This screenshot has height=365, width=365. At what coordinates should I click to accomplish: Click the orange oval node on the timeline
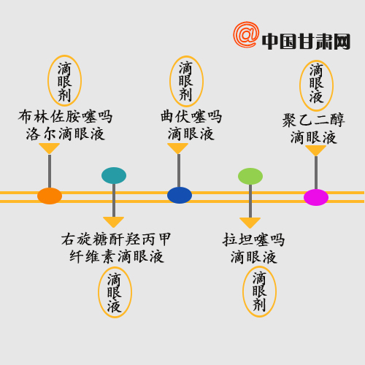[x=50, y=196]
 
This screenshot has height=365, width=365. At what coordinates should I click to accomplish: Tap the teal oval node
[x=114, y=175]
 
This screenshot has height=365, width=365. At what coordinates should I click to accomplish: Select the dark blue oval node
[x=180, y=195]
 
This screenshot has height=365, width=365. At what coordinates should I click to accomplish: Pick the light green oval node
[x=250, y=176]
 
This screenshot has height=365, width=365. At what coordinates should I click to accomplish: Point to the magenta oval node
[x=316, y=197]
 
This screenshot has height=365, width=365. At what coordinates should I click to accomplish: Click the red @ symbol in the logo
[x=246, y=34]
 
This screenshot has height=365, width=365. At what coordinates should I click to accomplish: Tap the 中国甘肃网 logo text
[x=306, y=42]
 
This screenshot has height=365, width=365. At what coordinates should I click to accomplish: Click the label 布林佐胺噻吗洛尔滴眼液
[x=65, y=125]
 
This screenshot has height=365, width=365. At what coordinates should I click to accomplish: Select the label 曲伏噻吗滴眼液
[x=191, y=125]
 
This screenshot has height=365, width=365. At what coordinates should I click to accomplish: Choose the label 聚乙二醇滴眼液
[x=314, y=128]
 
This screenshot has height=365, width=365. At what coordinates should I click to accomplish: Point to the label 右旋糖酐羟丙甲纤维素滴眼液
[x=116, y=248]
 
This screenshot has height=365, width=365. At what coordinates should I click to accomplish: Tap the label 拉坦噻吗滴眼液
[x=253, y=249]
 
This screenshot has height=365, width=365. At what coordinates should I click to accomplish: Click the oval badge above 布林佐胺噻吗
[x=64, y=81]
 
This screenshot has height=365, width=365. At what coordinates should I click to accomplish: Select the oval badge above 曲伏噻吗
[x=186, y=81]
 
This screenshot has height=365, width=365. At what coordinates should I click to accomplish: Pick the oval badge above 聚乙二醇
[x=316, y=85]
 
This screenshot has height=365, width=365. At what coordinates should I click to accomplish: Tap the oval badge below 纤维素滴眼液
[x=115, y=292]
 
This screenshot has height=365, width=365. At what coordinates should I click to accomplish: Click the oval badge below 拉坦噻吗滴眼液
[x=260, y=291]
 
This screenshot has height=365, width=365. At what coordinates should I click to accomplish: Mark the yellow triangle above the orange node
[x=50, y=147]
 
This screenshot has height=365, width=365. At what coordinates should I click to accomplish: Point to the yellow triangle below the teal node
[x=114, y=221]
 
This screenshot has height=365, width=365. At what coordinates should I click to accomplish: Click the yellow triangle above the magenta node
[x=316, y=150]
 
